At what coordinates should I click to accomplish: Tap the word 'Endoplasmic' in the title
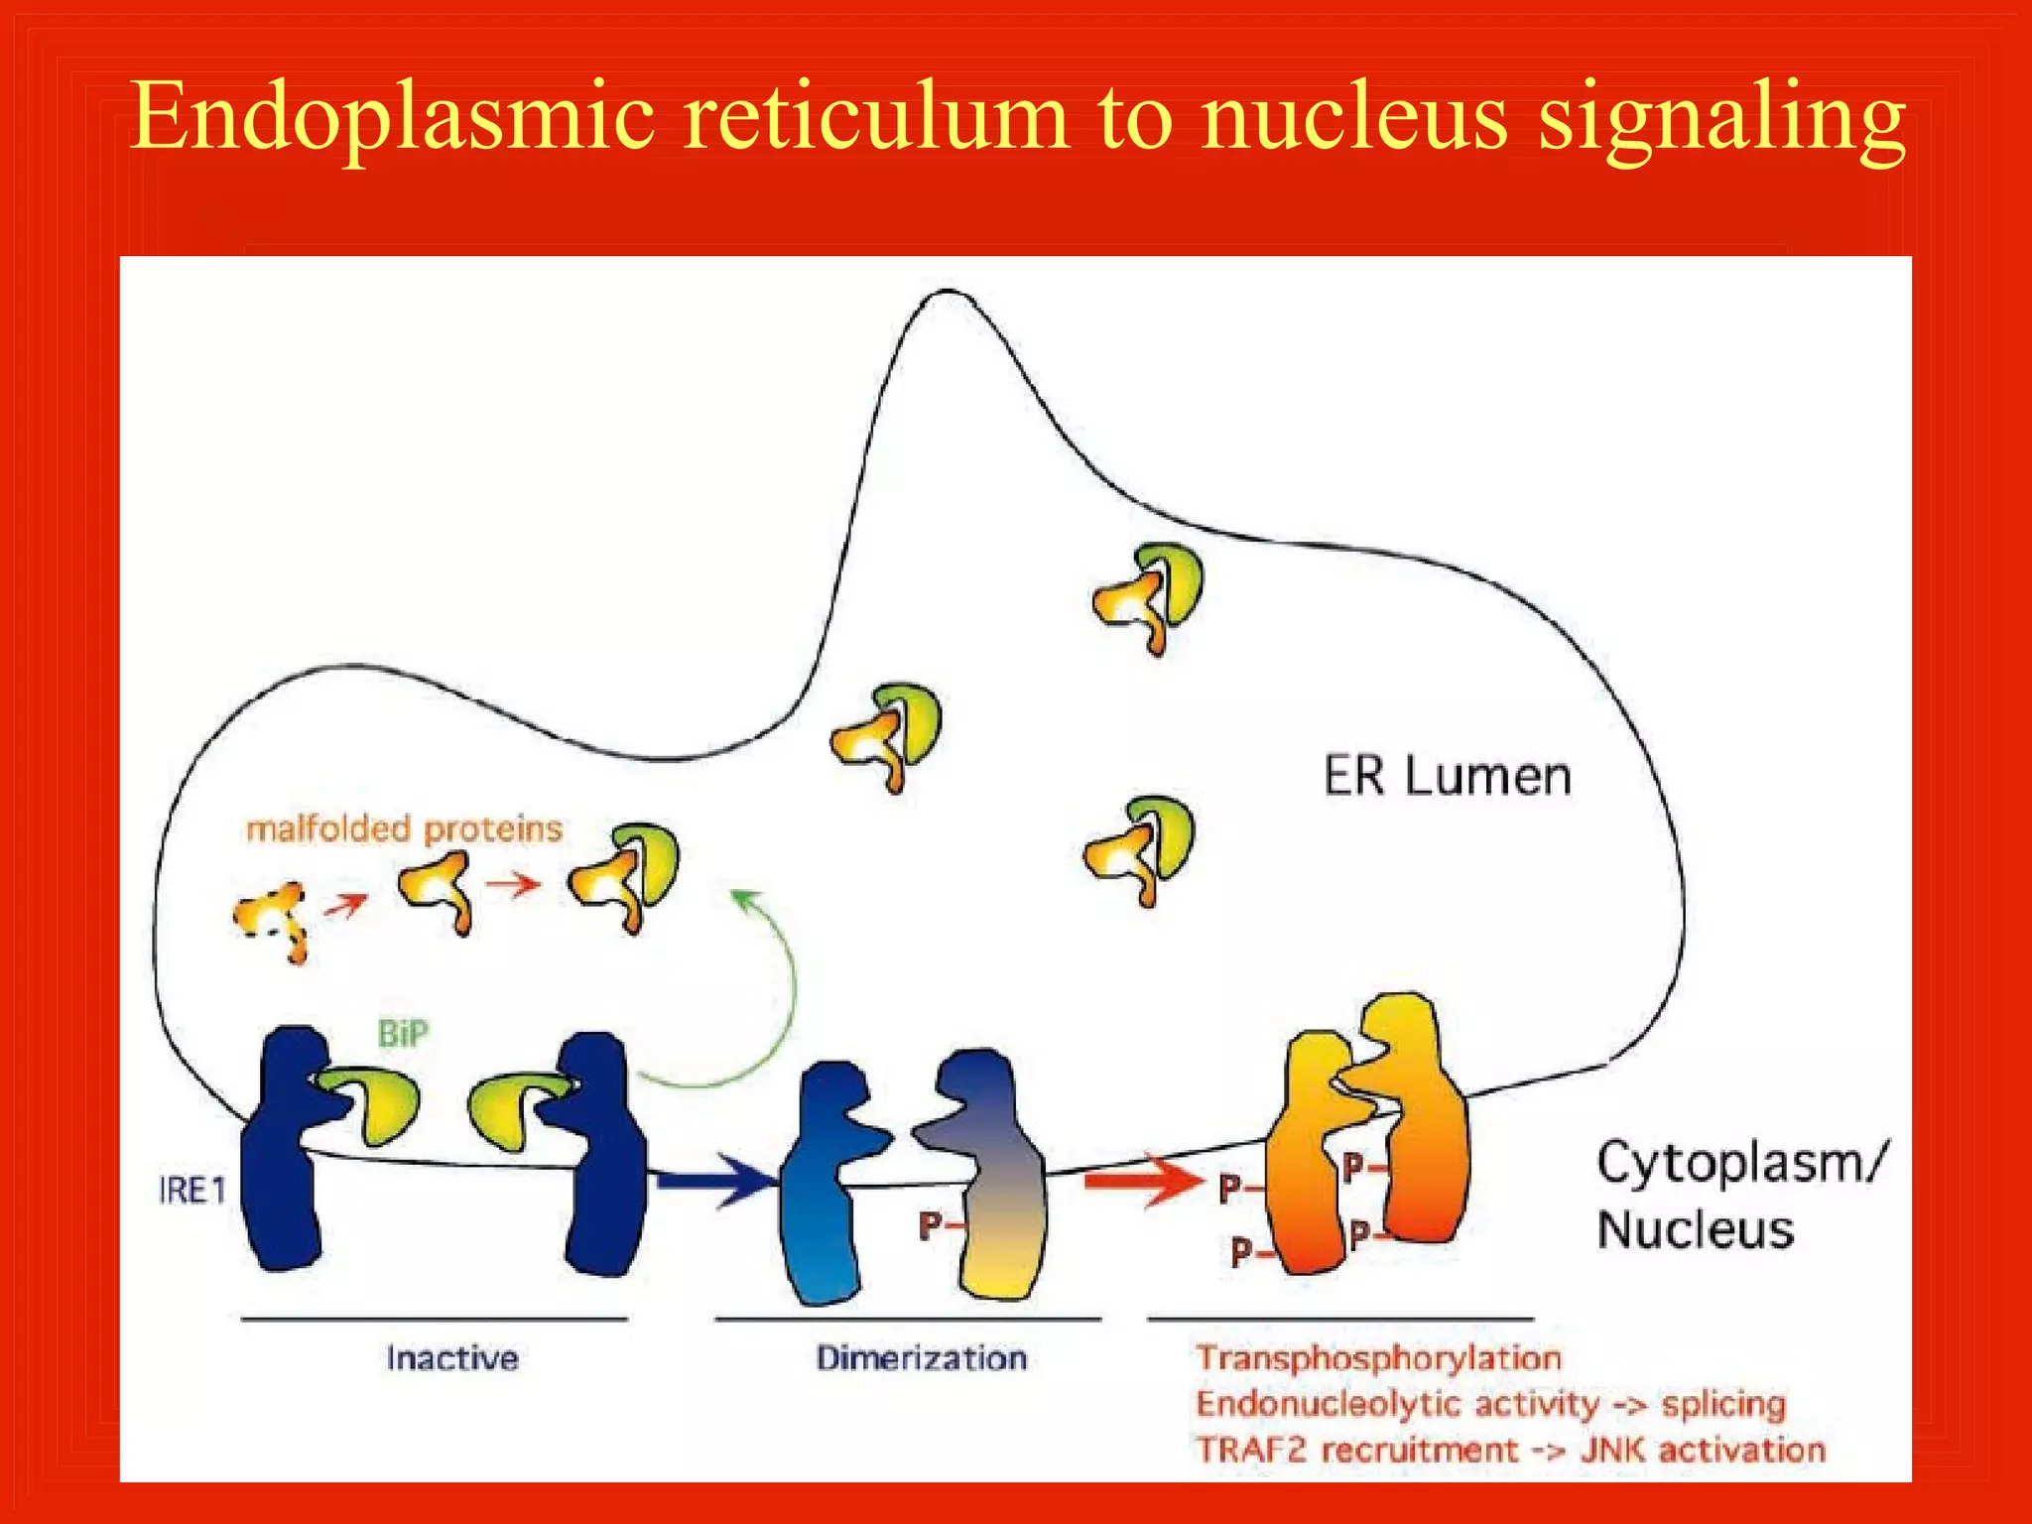pyautogui.click(x=393, y=119)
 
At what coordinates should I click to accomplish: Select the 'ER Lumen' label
pyautogui.click(x=1448, y=776)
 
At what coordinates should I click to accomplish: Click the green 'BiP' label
pyautogui.click(x=403, y=1034)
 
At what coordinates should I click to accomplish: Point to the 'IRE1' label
pyautogui.click(x=192, y=1190)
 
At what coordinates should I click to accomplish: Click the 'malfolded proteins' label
pyautogui.click(x=404, y=828)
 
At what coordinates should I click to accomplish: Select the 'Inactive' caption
pyautogui.click(x=452, y=1358)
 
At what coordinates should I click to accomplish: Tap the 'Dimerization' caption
pyautogui.click(x=921, y=1358)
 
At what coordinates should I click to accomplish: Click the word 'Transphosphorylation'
pyautogui.click(x=1378, y=1358)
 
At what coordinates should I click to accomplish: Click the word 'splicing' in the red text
pyautogui.click(x=1723, y=1404)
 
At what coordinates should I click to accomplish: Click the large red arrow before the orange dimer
pyautogui.click(x=1141, y=1181)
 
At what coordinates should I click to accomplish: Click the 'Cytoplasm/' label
pyautogui.click(x=1742, y=1162)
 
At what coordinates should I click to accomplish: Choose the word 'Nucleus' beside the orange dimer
pyautogui.click(x=1696, y=1229)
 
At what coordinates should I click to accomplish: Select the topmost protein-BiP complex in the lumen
pyautogui.click(x=1149, y=595)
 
